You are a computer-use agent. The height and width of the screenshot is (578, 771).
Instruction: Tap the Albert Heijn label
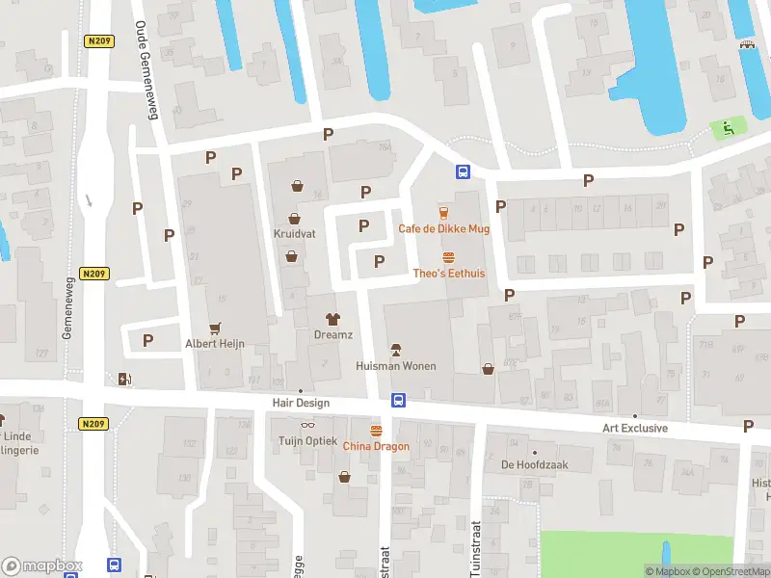tap(215, 344)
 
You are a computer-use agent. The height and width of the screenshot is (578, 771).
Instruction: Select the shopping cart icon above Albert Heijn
tap(215, 328)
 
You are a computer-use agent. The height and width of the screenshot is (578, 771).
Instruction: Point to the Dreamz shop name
tap(333, 334)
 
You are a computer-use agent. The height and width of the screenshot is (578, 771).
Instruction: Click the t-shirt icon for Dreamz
tap(333, 318)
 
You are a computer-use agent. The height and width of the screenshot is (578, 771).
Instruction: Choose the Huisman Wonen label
tap(395, 366)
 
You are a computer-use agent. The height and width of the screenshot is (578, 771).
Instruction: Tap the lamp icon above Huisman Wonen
tap(395, 349)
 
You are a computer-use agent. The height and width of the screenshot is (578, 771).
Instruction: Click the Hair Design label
tap(301, 404)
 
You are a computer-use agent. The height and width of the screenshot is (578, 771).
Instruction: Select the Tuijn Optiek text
tap(308, 441)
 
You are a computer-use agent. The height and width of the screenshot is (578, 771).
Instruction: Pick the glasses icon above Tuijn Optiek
tap(308, 426)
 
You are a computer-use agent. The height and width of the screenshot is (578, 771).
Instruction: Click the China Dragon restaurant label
tap(376, 446)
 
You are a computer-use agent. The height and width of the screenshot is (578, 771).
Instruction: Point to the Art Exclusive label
tap(635, 429)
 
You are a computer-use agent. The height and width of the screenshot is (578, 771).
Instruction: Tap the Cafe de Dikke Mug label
tap(444, 228)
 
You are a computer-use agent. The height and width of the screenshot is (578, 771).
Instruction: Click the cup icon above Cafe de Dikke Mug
tap(444, 213)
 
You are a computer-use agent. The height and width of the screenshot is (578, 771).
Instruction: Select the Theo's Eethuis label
tap(448, 274)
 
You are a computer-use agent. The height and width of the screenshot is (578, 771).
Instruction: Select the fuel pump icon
tap(123, 379)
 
